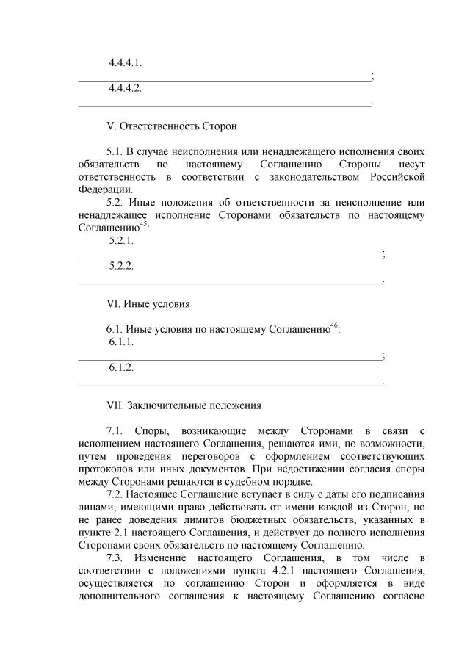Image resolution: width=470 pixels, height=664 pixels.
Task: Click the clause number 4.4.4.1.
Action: click(125, 62)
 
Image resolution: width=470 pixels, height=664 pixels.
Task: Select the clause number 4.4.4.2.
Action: click(125, 88)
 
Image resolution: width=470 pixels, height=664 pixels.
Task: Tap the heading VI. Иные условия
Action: click(148, 303)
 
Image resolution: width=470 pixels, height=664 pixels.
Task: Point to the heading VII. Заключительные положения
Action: click(184, 405)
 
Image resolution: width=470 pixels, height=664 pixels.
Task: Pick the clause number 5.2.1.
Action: click(120, 240)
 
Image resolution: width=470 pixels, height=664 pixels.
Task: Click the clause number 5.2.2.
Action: click(120, 265)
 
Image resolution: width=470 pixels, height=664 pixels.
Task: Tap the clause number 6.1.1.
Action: click(120, 342)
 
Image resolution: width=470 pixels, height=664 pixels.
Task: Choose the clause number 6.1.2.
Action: click(120, 367)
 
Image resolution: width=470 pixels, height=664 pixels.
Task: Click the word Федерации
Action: click(101, 190)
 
